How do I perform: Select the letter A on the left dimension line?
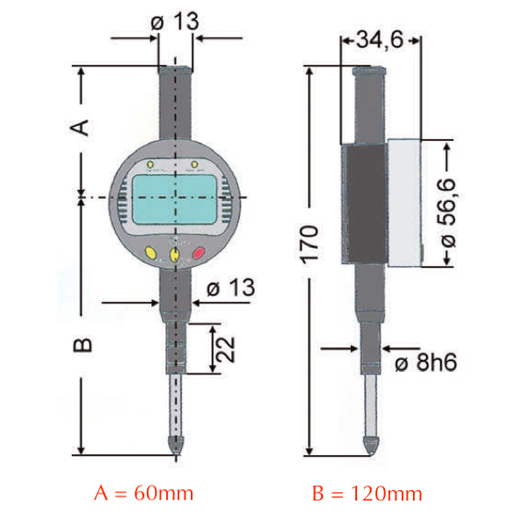click(x=80, y=125)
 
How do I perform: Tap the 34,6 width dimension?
click(x=380, y=39)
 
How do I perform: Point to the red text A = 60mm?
click(x=143, y=493)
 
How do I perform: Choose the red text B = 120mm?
click(x=367, y=493)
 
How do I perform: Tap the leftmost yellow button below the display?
click(x=150, y=255)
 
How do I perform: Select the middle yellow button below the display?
click(x=175, y=255)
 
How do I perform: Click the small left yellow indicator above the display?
click(x=151, y=164)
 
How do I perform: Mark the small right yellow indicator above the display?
click(x=194, y=164)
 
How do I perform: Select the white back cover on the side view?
click(x=404, y=203)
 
